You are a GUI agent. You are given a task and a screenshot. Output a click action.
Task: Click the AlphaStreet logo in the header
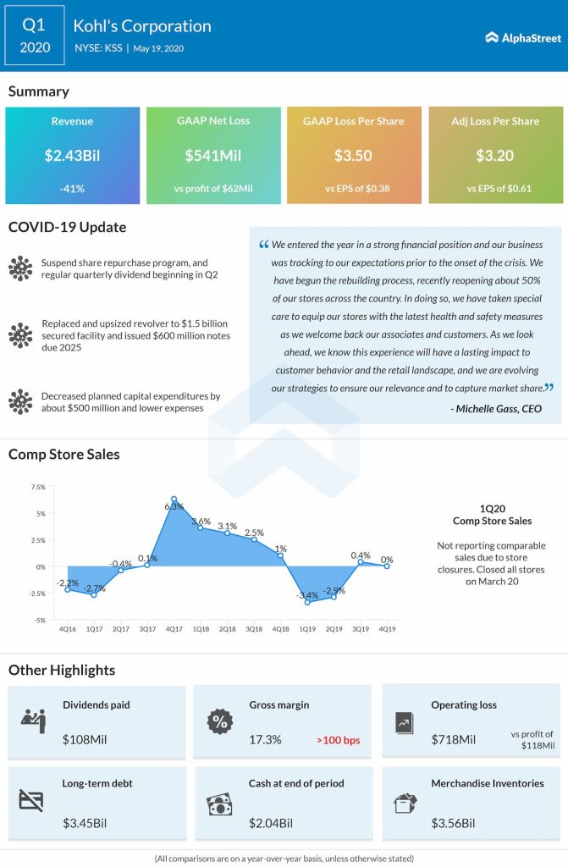pos(521,37)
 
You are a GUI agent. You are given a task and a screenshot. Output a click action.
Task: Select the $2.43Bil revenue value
pos(72,156)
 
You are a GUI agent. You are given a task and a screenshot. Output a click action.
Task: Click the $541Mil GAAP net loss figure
pos(213,156)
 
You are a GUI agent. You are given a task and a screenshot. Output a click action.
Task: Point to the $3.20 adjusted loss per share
pos(495,156)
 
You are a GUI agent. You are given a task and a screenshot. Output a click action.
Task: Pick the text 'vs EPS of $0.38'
pos(354,188)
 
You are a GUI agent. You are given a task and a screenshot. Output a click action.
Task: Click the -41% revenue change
pos(72,188)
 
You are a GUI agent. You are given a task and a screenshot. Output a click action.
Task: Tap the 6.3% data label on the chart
pos(174,505)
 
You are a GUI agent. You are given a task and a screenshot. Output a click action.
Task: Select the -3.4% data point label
pos(307,596)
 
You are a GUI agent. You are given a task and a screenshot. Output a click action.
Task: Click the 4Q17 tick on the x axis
pos(174,628)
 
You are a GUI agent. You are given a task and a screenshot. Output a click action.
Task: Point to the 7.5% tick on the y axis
pos(37,488)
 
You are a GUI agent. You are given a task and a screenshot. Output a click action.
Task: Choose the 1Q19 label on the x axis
pos(308,628)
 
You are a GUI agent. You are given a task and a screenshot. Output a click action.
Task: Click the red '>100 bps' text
pos(339,740)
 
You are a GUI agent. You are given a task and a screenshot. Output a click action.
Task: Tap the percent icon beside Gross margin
pos(219,722)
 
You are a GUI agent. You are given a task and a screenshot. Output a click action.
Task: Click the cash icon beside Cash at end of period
pos(219,803)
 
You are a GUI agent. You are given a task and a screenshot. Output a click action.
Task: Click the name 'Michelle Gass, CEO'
pos(496,408)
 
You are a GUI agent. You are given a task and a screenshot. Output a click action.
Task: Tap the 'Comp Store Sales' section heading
pos(64,455)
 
